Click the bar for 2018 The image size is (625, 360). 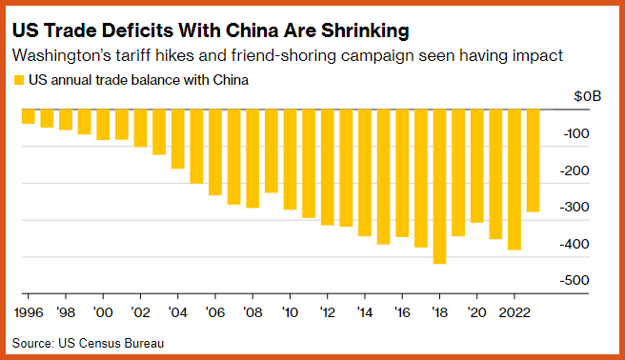[439, 187]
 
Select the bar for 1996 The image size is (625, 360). [29, 116]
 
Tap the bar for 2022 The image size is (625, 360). [514, 180]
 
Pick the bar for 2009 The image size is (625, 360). [271, 150]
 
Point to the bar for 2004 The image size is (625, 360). [178, 139]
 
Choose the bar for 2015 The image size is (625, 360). [383, 177]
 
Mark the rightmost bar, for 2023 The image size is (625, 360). [533, 161]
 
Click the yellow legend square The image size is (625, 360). [19, 80]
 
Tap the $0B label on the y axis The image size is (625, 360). [587, 96]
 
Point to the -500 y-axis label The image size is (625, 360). [575, 280]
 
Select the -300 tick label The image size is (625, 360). [575, 207]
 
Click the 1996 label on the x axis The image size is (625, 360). [29, 312]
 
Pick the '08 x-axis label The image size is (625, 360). [252, 312]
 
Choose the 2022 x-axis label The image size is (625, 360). [514, 312]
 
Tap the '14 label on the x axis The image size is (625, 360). [365, 312]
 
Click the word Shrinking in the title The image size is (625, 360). [365, 30]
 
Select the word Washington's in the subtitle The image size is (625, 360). [62, 56]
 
